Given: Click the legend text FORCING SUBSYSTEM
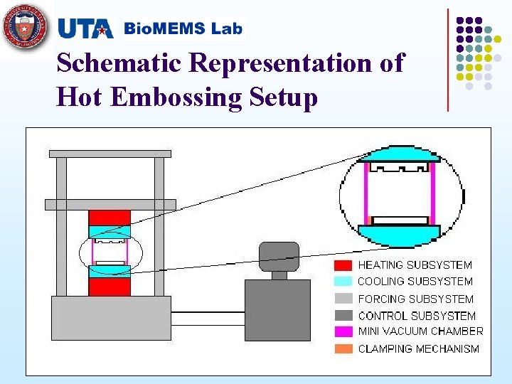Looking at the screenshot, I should point(415,299).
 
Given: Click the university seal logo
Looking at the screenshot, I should point(26,26).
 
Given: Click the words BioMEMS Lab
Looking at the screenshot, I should point(183,29).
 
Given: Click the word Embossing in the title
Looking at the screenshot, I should point(176,97).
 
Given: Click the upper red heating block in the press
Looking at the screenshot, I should point(110,218).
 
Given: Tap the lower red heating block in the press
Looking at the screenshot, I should point(110,286).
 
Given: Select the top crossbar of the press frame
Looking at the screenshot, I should point(110,153).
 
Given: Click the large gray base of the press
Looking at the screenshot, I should point(110,318).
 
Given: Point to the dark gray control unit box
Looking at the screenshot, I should point(277,310).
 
